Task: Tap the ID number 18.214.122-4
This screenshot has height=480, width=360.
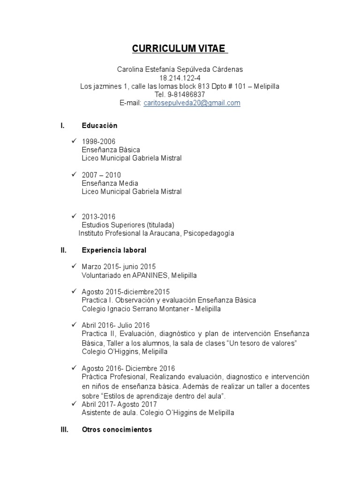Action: pos(180,78)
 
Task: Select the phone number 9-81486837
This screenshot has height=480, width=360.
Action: pos(186,95)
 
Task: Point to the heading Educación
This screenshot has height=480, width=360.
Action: pos(99,126)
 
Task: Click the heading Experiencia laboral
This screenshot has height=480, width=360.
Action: pos(114,250)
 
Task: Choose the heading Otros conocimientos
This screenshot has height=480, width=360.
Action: pos(117,429)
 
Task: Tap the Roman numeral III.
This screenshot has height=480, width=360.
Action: pos(64,429)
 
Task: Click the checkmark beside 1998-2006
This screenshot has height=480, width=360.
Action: pos(74,141)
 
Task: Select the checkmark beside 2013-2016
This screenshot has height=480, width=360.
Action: pos(74,216)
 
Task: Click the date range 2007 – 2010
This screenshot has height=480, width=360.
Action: pos(101,175)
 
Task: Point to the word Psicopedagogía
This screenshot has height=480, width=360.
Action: pos(209,233)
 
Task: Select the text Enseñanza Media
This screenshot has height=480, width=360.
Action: pos(110,183)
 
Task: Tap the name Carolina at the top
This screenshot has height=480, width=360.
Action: pos(132,69)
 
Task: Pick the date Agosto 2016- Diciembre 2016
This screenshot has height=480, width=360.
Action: pos(128,368)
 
